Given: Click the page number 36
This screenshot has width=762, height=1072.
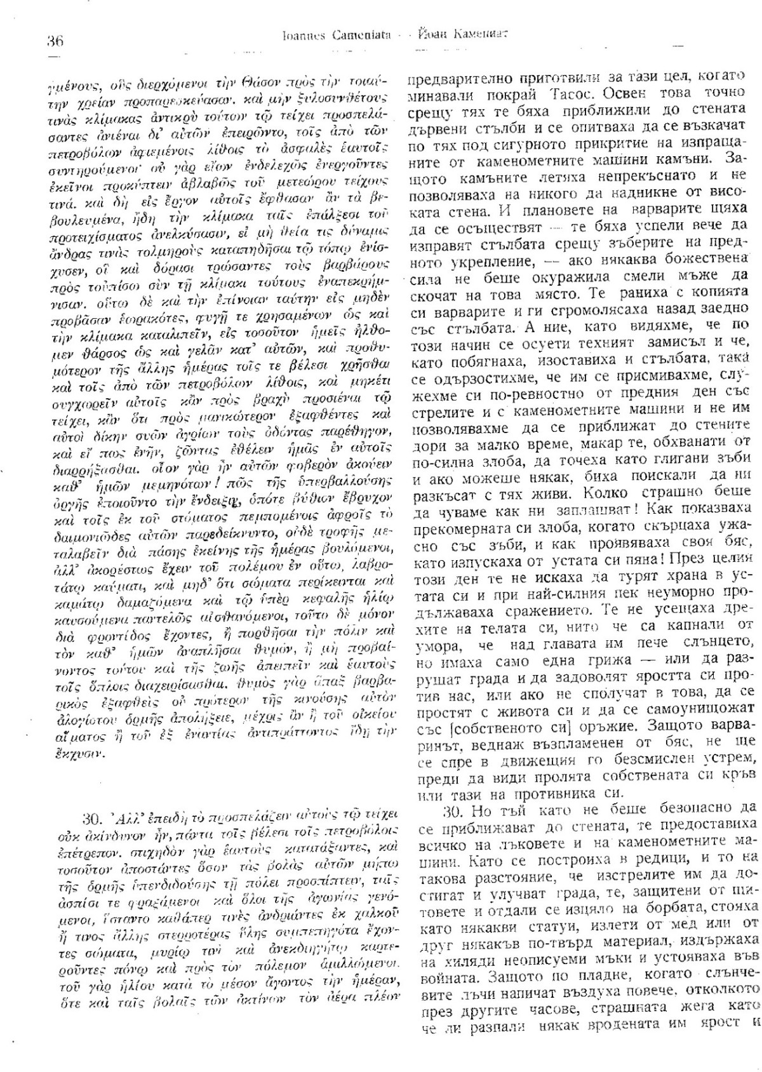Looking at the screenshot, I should pos(55,42).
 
